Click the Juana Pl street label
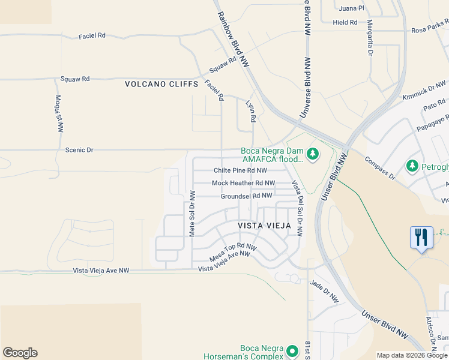[352, 8]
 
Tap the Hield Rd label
[345, 22]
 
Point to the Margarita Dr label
[370, 37]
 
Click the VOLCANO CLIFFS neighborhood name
[161, 85]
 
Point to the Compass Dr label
[380, 167]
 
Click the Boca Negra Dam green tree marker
[312, 155]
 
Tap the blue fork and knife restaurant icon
[421, 236]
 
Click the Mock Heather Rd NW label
[243, 183]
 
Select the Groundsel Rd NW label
[246, 196]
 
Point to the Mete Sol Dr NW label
[193, 214]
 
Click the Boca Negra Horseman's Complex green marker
[292, 350]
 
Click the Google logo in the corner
[20, 353]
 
